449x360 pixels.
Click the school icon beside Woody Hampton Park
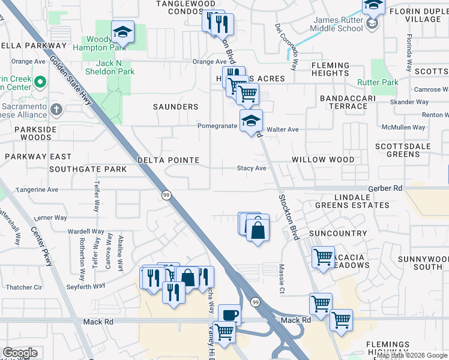[x=122, y=31]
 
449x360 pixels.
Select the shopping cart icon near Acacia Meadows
[x=324, y=257]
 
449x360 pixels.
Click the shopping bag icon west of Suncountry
[x=257, y=230]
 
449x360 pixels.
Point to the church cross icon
[x=56, y=109]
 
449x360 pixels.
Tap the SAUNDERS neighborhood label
[x=175, y=107]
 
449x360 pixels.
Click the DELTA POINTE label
[x=168, y=160]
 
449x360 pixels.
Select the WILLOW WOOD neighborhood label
[x=324, y=160]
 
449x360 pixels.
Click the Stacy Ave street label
[x=252, y=169]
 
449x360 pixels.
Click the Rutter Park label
[x=378, y=82]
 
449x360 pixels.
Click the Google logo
[x=20, y=353]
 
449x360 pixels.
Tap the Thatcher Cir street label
[x=22, y=287]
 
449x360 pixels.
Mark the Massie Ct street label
[x=281, y=279]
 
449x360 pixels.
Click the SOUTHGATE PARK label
[x=88, y=169]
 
